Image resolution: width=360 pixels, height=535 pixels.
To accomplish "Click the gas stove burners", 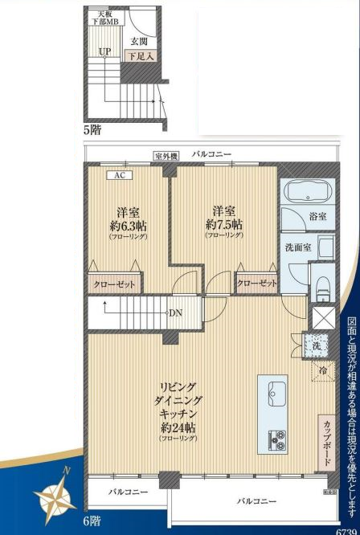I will click(276, 439).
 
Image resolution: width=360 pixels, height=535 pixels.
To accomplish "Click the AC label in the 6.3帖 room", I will click(119, 175).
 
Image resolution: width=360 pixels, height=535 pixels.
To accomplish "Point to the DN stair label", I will click(174, 312).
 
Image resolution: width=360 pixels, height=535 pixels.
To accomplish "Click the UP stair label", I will click(104, 52).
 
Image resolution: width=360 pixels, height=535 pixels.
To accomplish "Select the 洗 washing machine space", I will click(317, 345).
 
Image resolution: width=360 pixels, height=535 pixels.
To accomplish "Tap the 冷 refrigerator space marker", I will click(321, 370).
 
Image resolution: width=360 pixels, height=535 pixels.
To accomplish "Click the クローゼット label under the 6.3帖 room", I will click(116, 284).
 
